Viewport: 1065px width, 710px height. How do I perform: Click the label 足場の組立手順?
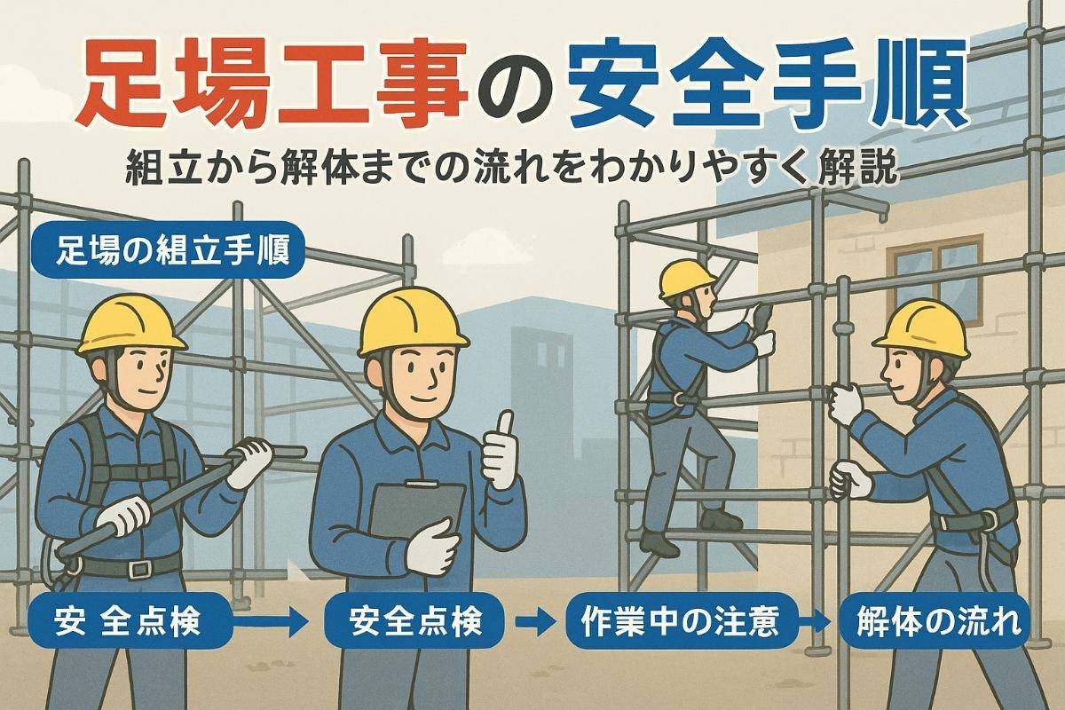(x=168, y=251)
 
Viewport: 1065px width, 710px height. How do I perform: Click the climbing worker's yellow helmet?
(x=687, y=278)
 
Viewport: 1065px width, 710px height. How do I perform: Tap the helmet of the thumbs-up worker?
(x=413, y=321)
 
